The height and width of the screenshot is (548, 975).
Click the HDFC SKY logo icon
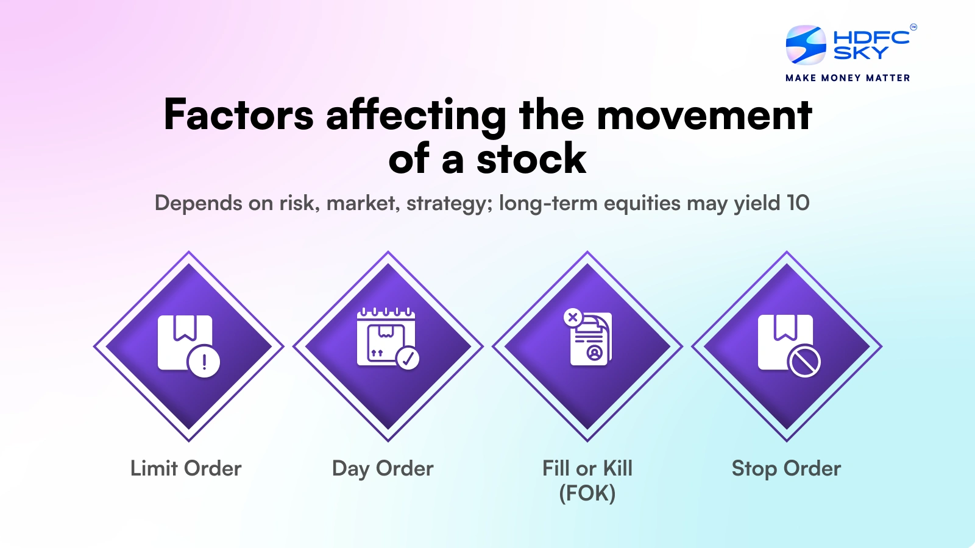click(806, 45)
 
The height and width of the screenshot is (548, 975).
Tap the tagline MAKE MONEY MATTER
click(848, 78)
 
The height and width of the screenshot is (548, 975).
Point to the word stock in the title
click(531, 160)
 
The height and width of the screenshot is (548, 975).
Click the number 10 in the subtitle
click(798, 203)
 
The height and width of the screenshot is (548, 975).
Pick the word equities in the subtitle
click(642, 203)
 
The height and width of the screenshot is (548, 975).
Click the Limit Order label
click(186, 468)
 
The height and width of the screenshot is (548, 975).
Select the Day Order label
click(383, 468)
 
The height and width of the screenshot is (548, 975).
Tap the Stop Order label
click(786, 468)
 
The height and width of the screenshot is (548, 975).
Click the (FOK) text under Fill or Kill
click(587, 493)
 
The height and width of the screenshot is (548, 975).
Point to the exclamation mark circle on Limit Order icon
click(204, 362)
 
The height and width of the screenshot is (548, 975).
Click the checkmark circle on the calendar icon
click(408, 357)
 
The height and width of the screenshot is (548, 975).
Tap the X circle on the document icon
click(573, 317)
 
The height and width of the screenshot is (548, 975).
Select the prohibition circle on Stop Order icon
click(804, 362)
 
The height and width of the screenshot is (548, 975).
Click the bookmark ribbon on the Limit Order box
click(185, 328)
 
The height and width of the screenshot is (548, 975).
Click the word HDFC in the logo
click(871, 37)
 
